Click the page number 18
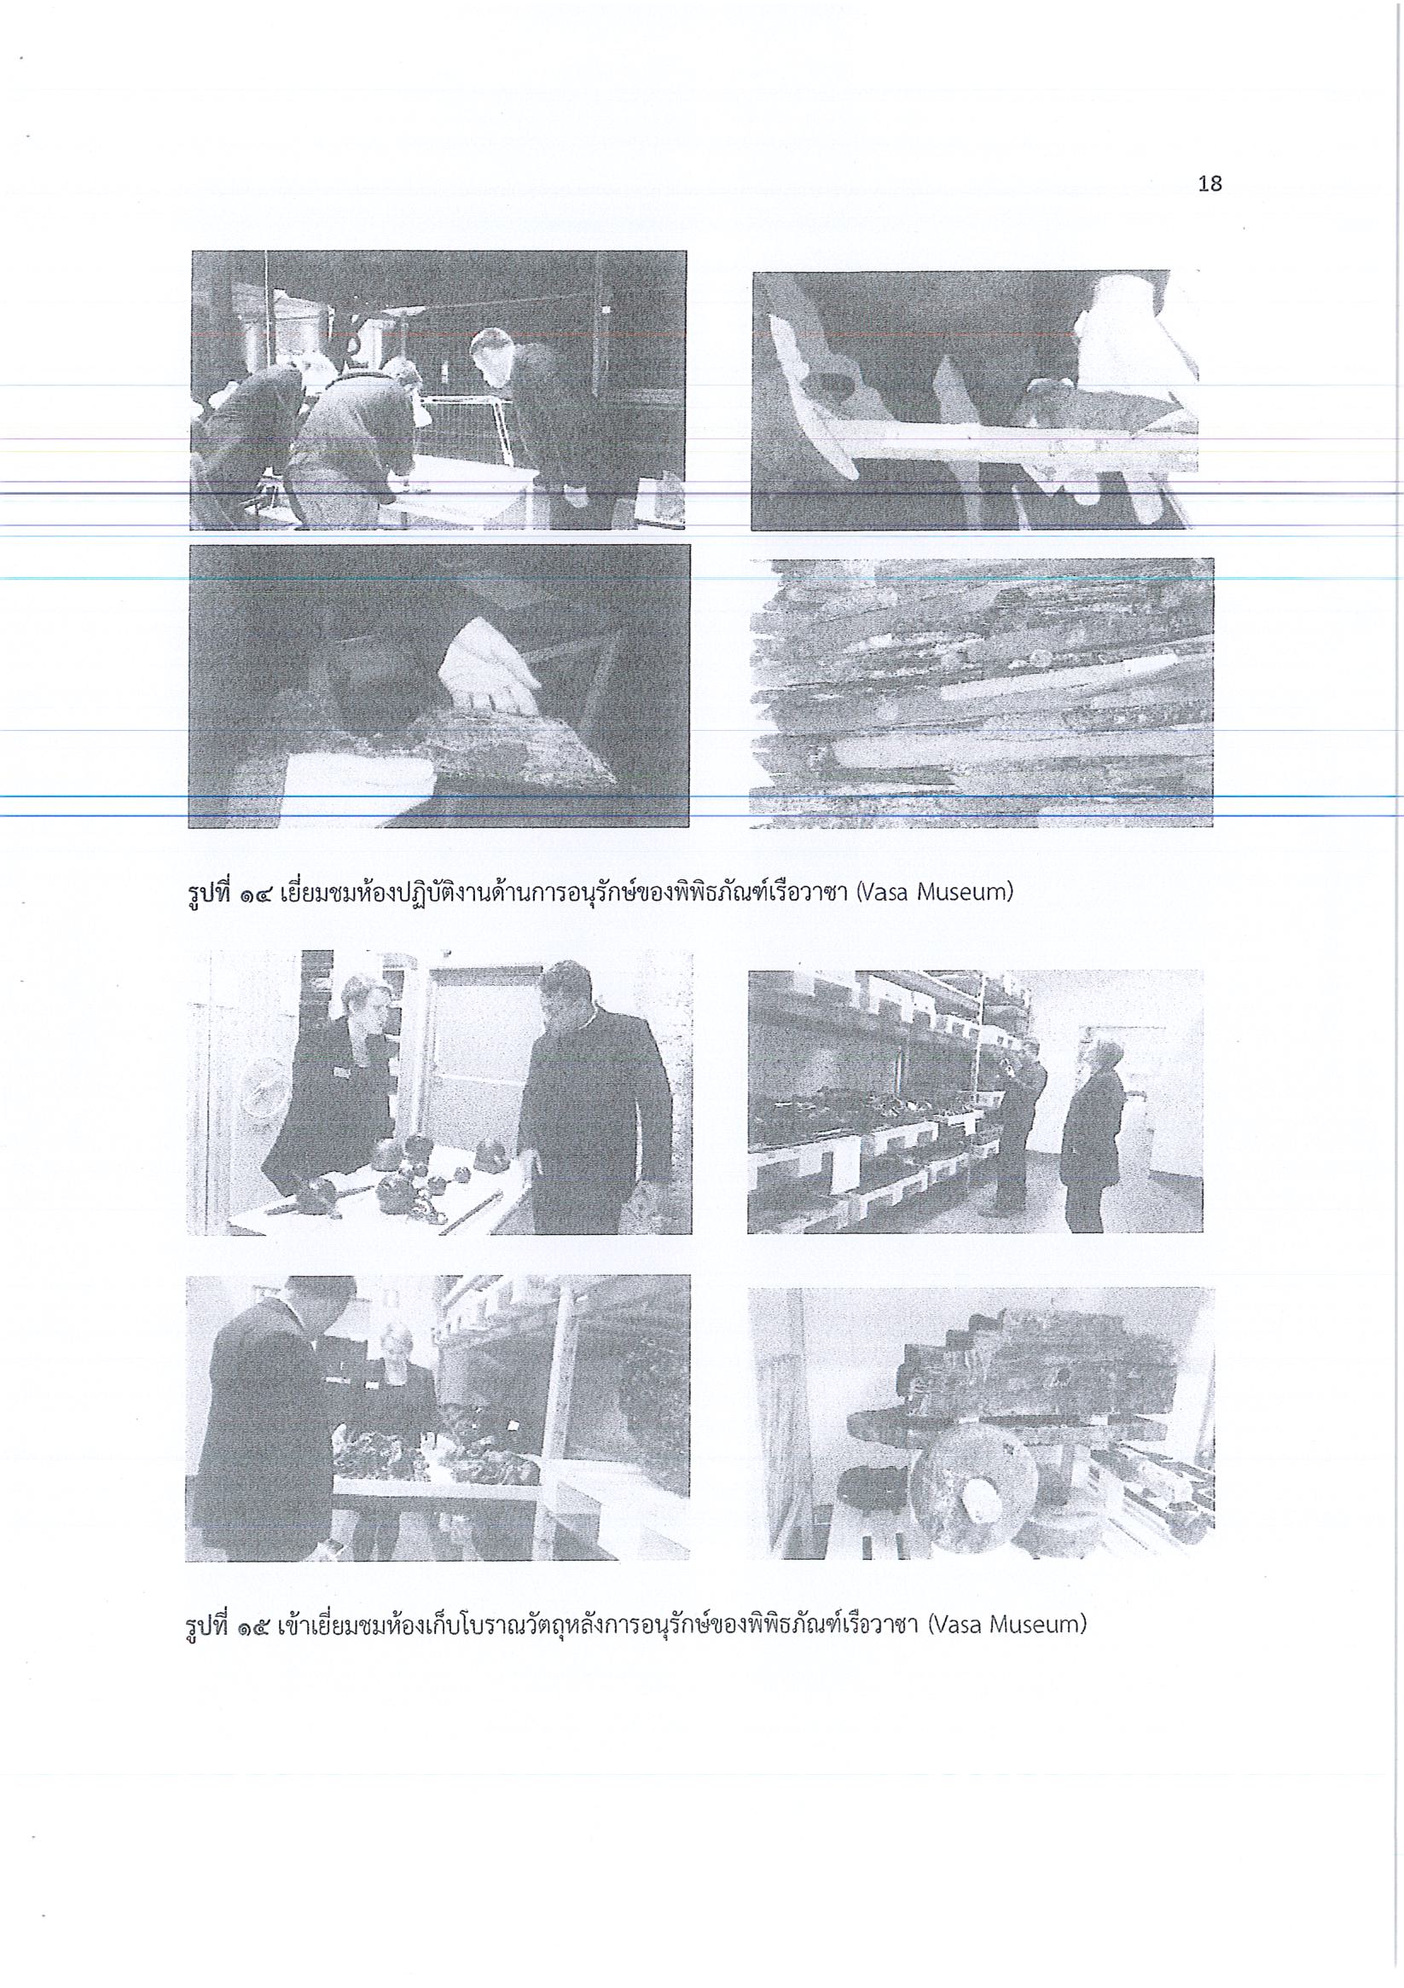point(1210,183)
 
